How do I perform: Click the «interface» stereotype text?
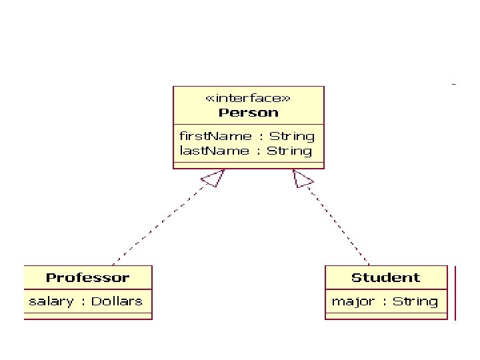[x=248, y=98]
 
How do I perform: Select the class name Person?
[x=248, y=113]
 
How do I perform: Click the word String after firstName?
[x=291, y=136]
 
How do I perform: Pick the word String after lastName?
[x=289, y=151]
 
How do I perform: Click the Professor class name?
[x=87, y=277]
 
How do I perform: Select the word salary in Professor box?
[x=51, y=301]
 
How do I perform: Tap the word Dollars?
[x=117, y=301]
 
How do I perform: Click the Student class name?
[x=385, y=277]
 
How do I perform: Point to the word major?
[x=353, y=301]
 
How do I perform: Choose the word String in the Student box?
[x=415, y=301]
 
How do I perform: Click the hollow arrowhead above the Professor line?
[x=213, y=177]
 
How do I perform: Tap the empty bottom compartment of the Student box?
[x=385, y=315]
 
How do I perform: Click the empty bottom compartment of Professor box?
[x=87, y=315]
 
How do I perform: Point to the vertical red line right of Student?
[x=455, y=293]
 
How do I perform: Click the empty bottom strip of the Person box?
[x=248, y=164]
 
